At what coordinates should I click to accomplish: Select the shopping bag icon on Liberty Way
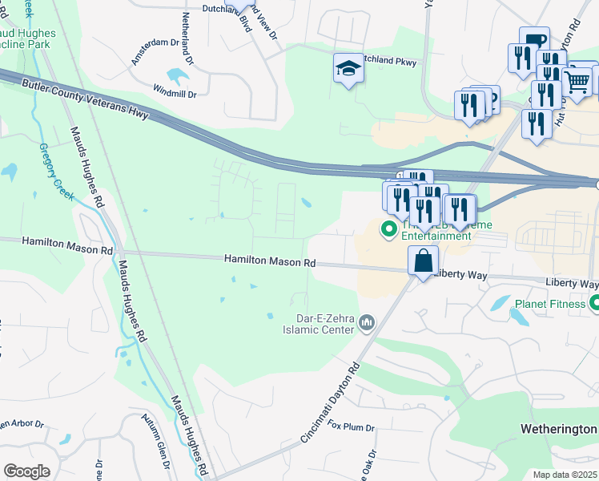(422, 261)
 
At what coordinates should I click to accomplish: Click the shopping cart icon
(577, 80)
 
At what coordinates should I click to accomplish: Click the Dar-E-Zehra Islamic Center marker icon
(367, 322)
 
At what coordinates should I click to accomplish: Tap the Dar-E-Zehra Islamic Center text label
(318, 322)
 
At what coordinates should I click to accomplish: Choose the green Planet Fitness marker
(594, 304)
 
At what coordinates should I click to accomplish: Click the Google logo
(26, 471)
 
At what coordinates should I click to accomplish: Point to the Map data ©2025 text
(564, 475)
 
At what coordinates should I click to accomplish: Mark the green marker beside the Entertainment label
(389, 230)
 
